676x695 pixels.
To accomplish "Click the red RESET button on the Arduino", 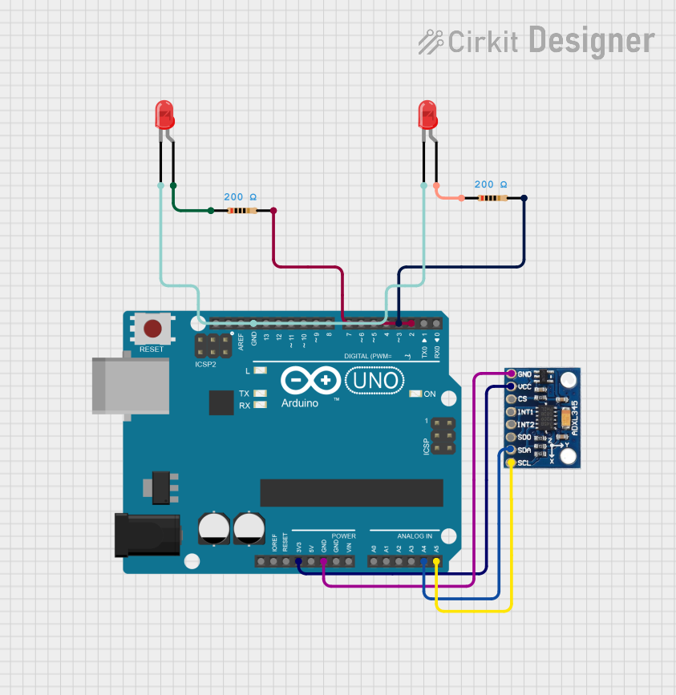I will pyautogui.click(x=152, y=328).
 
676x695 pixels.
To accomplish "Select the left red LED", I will pyautogui.click(x=164, y=116).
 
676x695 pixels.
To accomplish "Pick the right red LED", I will pyautogui.click(x=428, y=116).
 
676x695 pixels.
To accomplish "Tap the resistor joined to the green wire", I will pyautogui.click(x=242, y=211).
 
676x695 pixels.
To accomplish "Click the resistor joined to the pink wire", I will pyautogui.click(x=492, y=198).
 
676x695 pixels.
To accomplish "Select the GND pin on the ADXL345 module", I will pyautogui.click(x=511, y=374).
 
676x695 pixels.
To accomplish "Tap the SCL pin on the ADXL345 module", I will pyautogui.click(x=511, y=463).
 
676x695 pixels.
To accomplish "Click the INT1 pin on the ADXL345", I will pyautogui.click(x=511, y=412).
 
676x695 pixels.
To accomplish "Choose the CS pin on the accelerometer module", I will pyautogui.click(x=511, y=399).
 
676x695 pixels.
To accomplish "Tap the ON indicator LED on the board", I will pyautogui.click(x=415, y=394).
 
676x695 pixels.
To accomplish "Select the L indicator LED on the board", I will pyautogui.click(x=259, y=371).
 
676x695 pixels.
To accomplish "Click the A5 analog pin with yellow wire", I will pyautogui.click(x=436, y=561).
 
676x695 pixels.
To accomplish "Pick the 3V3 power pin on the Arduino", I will pyautogui.click(x=298, y=561).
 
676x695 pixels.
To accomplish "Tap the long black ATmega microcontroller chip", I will pyautogui.click(x=351, y=493).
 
